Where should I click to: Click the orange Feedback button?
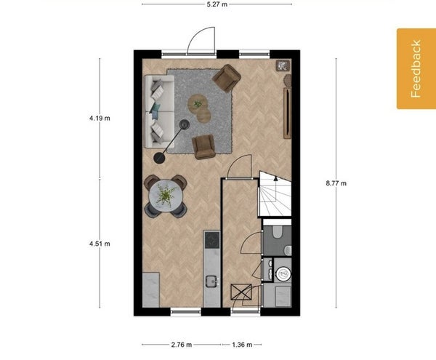416,68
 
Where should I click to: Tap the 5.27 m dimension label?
217,4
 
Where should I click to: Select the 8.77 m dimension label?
336,183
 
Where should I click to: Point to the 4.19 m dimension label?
100,119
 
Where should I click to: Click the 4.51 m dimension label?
100,244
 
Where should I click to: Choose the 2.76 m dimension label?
182,345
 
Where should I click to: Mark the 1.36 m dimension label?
242,345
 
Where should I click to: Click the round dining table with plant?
166,196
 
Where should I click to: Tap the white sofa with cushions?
159,111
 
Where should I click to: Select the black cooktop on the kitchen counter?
212,240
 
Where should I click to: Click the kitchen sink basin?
212,281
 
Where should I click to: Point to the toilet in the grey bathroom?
278,232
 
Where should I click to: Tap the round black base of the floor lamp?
159,158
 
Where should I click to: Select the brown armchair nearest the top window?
226,78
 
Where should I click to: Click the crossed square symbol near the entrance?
241,292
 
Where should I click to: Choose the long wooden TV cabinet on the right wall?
287,113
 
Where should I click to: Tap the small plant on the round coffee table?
198,104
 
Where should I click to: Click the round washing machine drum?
283,273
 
